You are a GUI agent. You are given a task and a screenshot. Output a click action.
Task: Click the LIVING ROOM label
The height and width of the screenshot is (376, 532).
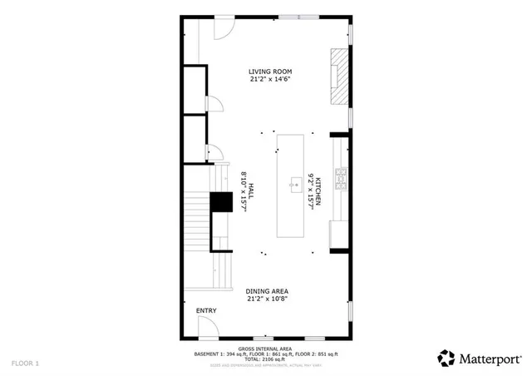pyautogui.click(x=270, y=72)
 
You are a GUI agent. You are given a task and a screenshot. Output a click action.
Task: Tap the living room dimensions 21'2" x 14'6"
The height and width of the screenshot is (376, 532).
pyautogui.click(x=270, y=80)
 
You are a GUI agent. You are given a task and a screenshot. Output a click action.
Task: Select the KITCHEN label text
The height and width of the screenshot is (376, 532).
pyautogui.click(x=317, y=190)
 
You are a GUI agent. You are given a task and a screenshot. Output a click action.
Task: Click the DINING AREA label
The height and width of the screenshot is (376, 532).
pyautogui.click(x=267, y=291)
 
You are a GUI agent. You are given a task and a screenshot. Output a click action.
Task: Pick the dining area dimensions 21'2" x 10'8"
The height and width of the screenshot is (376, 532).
pyautogui.click(x=267, y=299)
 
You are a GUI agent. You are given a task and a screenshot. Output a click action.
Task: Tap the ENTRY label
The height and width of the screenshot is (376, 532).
pyautogui.click(x=206, y=311)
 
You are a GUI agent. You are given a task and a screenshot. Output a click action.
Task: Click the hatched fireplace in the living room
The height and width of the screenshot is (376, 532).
pyautogui.click(x=338, y=76)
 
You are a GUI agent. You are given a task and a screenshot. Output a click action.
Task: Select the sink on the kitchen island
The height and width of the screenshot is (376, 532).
pyautogui.click(x=294, y=184)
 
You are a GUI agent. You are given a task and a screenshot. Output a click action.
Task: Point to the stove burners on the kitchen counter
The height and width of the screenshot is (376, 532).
pyautogui.click(x=340, y=176)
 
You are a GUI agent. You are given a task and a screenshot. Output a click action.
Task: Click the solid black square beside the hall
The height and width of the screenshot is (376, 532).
pyautogui.click(x=221, y=202)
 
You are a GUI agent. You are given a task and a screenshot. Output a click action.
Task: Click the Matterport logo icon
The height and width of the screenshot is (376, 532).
pyautogui.click(x=447, y=358)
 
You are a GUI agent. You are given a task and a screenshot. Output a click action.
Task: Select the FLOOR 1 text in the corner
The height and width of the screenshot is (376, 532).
pyautogui.click(x=25, y=364)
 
